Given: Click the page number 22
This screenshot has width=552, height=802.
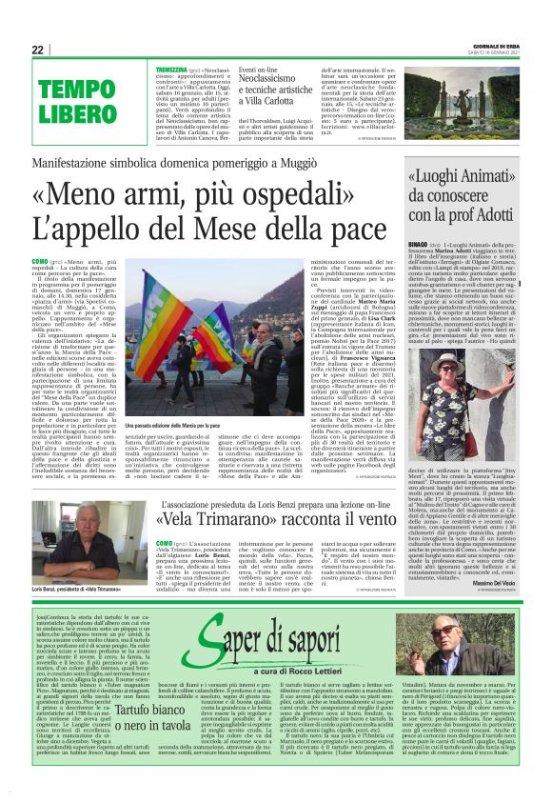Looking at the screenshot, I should [x=38, y=50].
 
